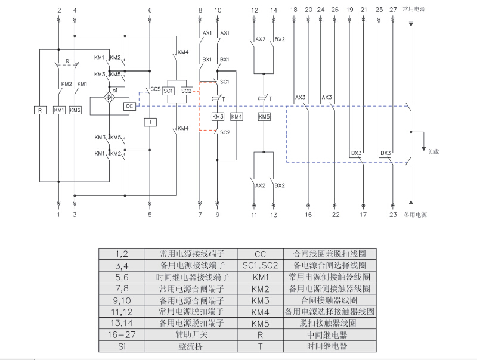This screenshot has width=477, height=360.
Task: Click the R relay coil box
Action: tap(40, 110)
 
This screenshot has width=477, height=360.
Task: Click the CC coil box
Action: tap(129, 106)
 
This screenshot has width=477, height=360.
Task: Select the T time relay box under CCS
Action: tap(150, 122)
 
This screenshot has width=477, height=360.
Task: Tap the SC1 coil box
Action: tap(168, 91)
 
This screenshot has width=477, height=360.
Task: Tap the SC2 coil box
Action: tap(187, 91)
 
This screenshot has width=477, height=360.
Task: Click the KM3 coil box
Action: tap(218, 117)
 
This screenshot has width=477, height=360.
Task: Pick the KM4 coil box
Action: tap(237, 117)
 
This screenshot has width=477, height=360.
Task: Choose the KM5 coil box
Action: tap(264, 117)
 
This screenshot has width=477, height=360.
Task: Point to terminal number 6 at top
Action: tap(150, 11)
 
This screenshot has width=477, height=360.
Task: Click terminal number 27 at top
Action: tap(392, 11)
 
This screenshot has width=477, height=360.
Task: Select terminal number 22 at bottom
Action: tap(336, 214)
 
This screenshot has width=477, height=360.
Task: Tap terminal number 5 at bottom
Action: tap(150, 214)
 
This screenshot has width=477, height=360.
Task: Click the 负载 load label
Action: tap(433, 151)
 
